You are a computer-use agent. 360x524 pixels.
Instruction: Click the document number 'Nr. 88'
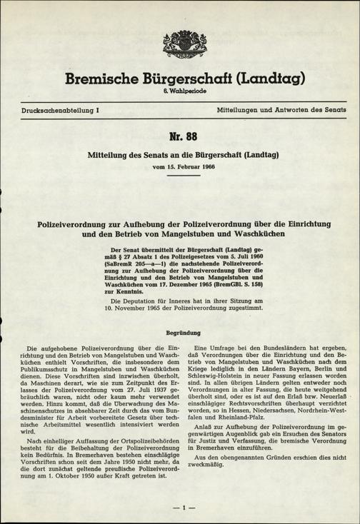click(179, 136)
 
